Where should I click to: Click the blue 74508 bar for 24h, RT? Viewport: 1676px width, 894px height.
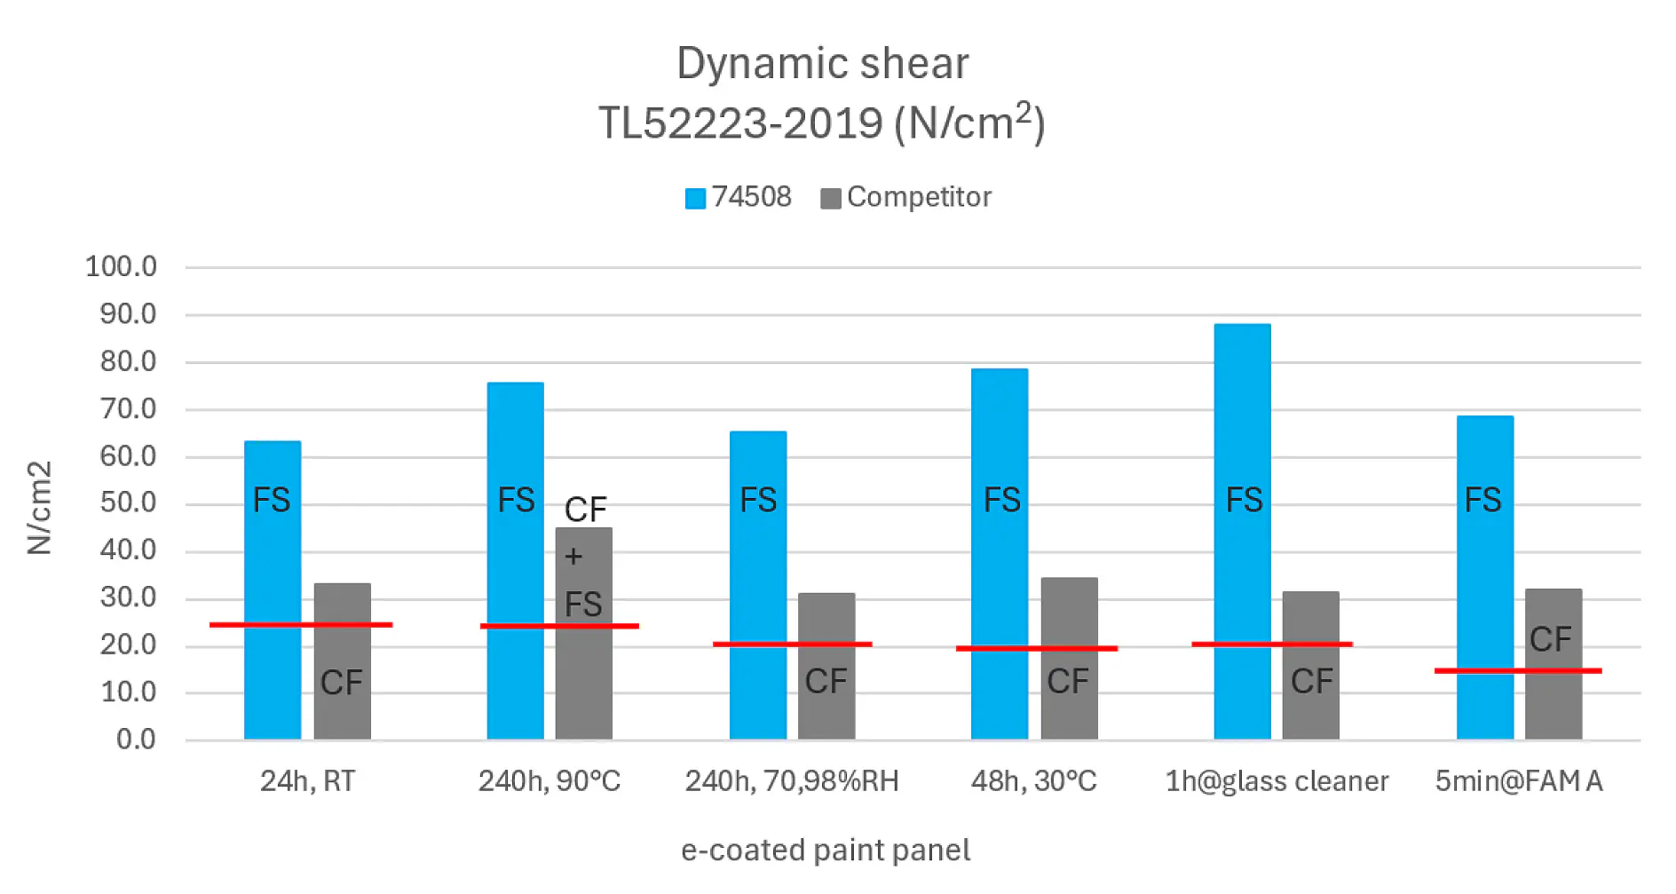(x=273, y=568)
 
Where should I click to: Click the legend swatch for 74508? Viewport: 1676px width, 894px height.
(x=695, y=198)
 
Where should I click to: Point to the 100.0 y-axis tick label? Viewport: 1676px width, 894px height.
(x=121, y=266)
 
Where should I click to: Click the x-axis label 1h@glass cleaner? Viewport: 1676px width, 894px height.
(x=1276, y=781)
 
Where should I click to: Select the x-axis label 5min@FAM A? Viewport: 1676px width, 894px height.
(x=1518, y=781)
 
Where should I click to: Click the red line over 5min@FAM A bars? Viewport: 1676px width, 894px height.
(x=1517, y=670)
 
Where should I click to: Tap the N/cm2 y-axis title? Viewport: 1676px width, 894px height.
(x=40, y=508)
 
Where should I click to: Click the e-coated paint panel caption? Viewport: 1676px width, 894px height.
(x=825, y=850)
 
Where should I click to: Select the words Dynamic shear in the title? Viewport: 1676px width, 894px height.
(x=822, y=64)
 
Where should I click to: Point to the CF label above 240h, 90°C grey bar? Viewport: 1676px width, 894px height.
(x=585, y=510)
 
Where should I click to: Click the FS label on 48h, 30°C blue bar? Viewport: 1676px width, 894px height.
(x=1001, y=500)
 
